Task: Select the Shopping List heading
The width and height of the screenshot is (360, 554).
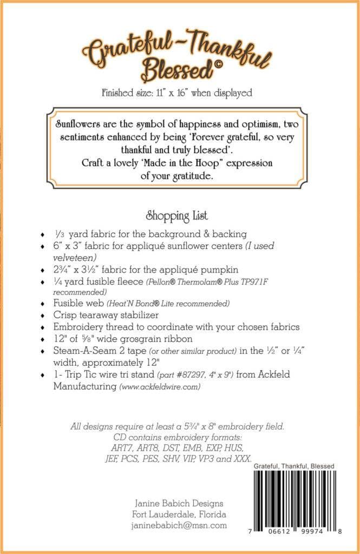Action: coord(177,216)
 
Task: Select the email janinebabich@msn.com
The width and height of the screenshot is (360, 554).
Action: coord(179,525)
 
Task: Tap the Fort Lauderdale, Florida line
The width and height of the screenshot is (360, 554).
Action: coord(179,515)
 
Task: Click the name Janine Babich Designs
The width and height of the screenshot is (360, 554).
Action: coord(179,503)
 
